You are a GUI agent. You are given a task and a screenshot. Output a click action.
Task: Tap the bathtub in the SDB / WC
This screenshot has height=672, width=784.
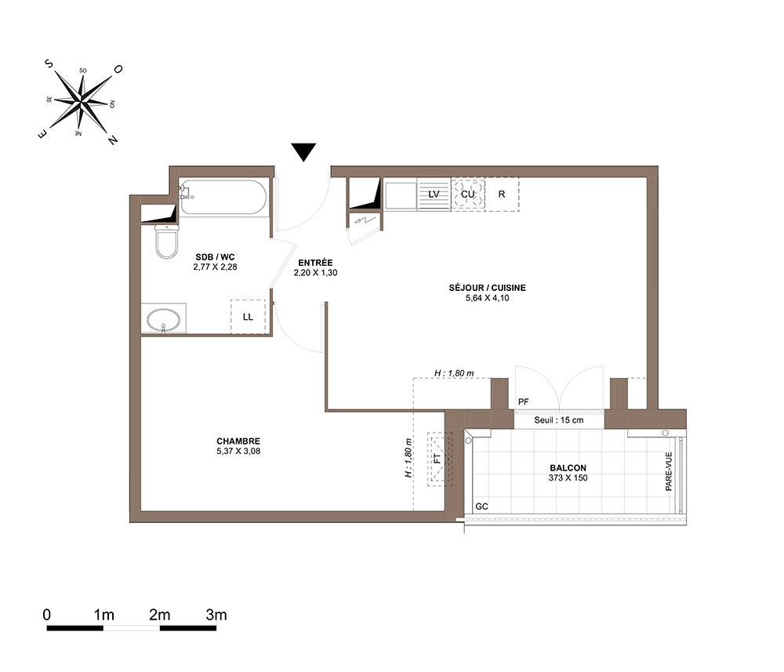[x=223, y=197]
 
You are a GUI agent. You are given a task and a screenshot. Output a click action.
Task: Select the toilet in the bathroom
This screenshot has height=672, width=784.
[x=166, y=242]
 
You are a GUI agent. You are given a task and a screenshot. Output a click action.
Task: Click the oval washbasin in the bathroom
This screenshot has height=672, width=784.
[x=164, y=320]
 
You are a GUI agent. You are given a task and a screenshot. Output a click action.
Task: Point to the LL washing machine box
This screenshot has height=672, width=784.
[x=248, y=317]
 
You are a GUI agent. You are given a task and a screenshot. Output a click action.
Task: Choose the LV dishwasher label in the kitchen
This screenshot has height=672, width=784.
[x=434, y=194]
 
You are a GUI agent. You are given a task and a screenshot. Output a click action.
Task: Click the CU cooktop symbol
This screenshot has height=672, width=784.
[x=467, y=194]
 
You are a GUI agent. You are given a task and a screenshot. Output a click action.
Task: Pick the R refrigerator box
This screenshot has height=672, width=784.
[x=502, y=194]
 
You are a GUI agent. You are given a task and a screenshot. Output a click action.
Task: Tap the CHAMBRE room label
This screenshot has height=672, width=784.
[x=238, y=441]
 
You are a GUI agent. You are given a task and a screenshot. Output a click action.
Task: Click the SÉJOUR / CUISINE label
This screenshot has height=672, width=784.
[x=487, y=288]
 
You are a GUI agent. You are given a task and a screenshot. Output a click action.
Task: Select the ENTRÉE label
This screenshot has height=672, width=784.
[x=315, y=263]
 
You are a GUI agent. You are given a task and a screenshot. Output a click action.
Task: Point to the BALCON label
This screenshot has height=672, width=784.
[x=568, y=468]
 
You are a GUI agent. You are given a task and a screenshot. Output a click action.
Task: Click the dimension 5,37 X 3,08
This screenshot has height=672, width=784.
[x=238, y=451]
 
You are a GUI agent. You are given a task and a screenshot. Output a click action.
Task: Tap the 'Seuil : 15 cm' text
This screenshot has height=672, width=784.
[x=558, y=420]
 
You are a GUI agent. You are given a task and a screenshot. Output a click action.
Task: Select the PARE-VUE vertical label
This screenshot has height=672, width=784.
[x=669, y=471]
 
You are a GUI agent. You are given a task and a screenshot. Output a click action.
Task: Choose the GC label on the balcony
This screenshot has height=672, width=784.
[x=481, y=507]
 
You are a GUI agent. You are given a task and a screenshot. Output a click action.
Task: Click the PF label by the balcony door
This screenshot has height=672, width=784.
[x=524, y=401]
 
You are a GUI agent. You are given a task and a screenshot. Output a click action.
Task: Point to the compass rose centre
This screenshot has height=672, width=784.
[x=81, y=102]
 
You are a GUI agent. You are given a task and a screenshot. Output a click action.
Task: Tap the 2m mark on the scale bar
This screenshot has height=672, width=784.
[x=159, y=615]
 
